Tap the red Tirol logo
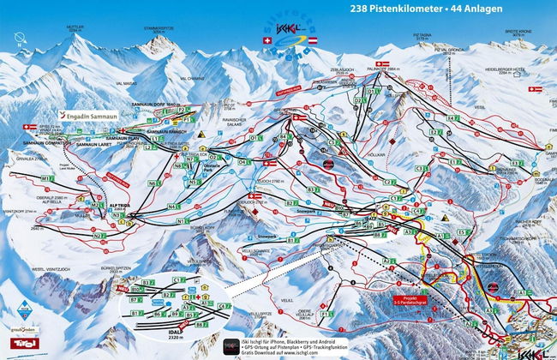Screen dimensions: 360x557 click(x=16, y=343)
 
